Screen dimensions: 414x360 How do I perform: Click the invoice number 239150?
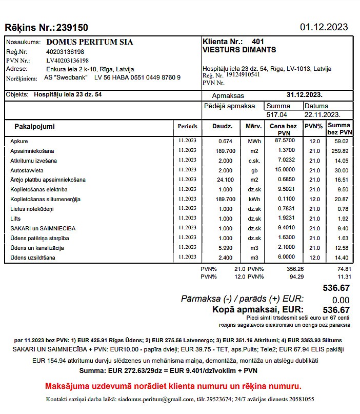click(x=72, y=28)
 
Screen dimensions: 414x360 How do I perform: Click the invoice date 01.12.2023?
click(x=324, y=27)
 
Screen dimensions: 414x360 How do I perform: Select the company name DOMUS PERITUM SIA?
click(x=89, y=42)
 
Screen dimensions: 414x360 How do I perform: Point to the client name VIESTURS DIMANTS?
click(x=239, y=50)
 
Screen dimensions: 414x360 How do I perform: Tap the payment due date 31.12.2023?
click(x=304, y=95)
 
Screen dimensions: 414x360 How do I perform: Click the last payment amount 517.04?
click(x=276, y=114)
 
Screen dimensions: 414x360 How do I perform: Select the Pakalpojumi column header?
click(x=34, y=126)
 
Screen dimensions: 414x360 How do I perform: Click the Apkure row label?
click(x=19, y=141)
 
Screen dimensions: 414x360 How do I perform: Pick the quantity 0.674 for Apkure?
click(x=225, y=141)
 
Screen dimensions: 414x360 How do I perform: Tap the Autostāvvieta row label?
click(x=27, y=170)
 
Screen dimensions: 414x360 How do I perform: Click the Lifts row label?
click(x=15, y=219)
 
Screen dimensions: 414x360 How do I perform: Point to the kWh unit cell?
click(x=253, y=199)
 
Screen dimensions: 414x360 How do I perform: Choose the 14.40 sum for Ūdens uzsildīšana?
click(x=341, y=258)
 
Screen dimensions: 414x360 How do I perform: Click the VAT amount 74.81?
click(x=344, y=269)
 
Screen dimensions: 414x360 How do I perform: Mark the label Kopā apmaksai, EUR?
click(x=257, y=309)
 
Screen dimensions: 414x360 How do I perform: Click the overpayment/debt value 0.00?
click(x=341, y=300)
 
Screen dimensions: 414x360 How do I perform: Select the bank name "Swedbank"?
click(x=72, y=77)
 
